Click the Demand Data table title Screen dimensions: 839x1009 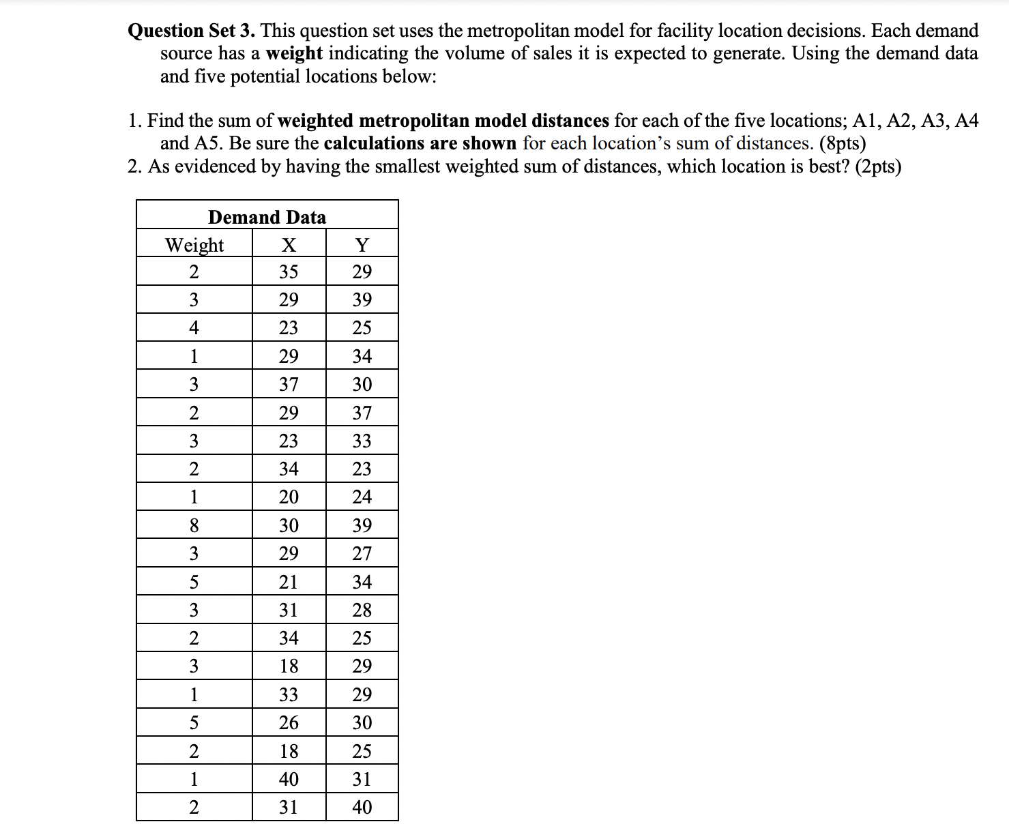pyautogui.click(x=267, y=217)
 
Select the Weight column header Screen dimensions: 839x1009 pyautogui.click(x=194, y=244)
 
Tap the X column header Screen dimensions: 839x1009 pyautogui.click(x=289, y=244)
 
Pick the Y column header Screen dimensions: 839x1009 pyautogui.click(x=362, y=244)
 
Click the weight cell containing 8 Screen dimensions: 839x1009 pyautogui.click(x=194, y=525)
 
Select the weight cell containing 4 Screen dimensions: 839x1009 pyautogui.click(x=194, y=327)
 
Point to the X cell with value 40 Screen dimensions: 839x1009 pyautogui.click(x=289, y=779)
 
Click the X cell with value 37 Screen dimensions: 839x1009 pyautogui.click(x=289, y=384)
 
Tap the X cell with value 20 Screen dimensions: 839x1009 pyautogui.click(x=289, y=497)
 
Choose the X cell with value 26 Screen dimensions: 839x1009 pyautogui.click(x=289, y=722)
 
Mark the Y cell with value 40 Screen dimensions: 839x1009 pyautogui.click(x=362, y=807)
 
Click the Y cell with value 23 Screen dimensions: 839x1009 pyautogui.click(x=362, y=469)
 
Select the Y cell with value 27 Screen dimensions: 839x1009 pyautogui.click(x=362, y=553)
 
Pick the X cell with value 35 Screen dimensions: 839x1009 pyautogui.click(x=289, y=271)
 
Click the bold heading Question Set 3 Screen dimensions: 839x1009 pyautogui.click(x=192, y=31)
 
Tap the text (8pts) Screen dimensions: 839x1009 pyautogui.click(x=843, y=143)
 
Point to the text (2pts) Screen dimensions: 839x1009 pyautogui.click(x=878, y=166)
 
